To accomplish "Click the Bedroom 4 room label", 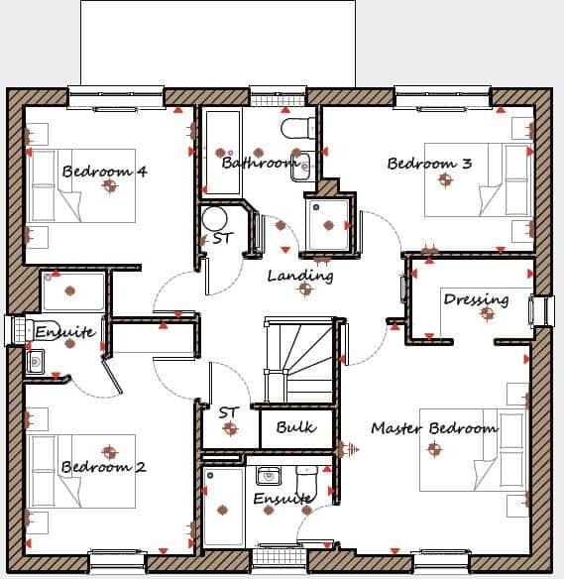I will pos(104,172).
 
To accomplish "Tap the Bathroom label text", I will pos(260,163).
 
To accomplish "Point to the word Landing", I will pos(300,276).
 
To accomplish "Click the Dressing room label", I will pos(476,299).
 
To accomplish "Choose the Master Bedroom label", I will pos(434,428).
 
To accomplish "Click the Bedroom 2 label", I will pos(103,467).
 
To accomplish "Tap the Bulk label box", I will pos(296,427).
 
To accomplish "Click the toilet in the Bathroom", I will pos(296,128).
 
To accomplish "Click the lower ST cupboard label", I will pos(229,411).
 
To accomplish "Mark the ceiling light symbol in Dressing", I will pos(487,313).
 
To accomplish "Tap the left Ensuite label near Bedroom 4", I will pos(65,332).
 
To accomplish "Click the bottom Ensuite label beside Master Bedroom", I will pos(283,499).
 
